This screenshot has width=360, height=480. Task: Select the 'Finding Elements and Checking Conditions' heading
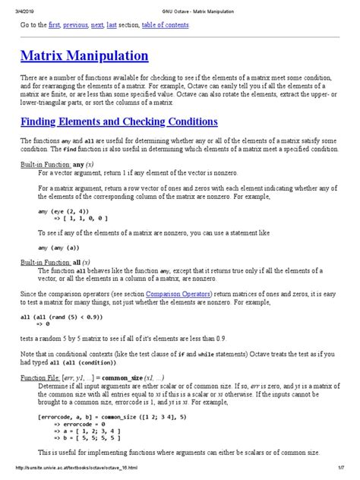tap(119, 122)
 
